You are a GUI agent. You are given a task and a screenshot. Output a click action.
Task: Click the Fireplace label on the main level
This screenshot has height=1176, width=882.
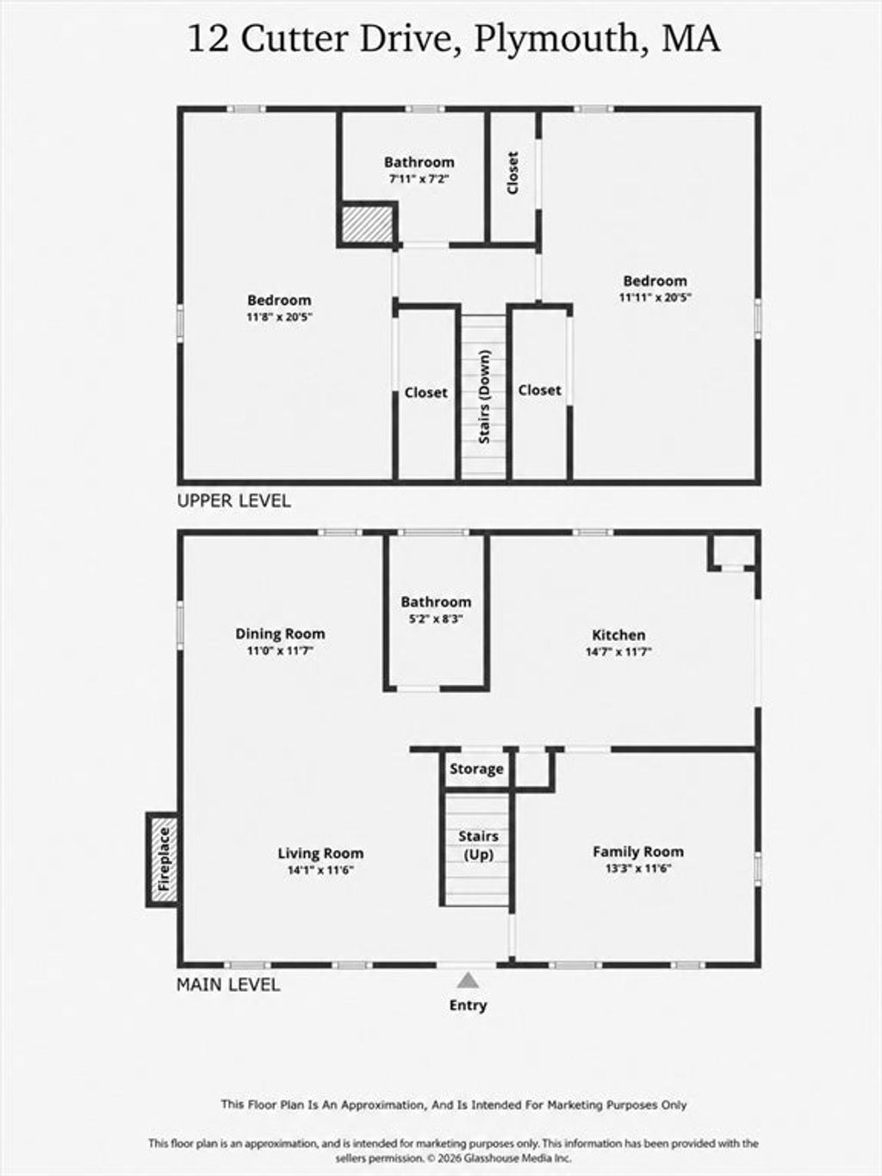pos(164,859)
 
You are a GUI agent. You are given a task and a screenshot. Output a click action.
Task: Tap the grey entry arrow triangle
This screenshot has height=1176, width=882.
pos(468,980)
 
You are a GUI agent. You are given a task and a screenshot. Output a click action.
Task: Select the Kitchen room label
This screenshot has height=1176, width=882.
pos(618,635)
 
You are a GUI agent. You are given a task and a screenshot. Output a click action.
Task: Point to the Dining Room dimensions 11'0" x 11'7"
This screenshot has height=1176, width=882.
pos(280,651)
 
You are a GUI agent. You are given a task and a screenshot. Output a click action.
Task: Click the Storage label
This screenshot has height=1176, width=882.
pos(476,768)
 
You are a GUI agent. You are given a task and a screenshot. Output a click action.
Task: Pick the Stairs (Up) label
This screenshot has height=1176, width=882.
pos(478,845)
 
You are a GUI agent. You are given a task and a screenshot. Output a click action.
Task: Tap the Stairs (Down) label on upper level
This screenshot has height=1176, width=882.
pos(485,396)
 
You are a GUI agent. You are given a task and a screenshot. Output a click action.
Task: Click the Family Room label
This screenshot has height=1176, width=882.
pos(637,851)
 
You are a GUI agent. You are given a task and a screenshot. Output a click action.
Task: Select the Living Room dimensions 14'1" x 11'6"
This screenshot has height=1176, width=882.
pos(320,870)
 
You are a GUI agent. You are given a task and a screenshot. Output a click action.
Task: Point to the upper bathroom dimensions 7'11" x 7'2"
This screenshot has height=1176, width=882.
pos(419,178)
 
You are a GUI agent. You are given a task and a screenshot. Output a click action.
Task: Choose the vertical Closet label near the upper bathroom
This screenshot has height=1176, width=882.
pos(512,172)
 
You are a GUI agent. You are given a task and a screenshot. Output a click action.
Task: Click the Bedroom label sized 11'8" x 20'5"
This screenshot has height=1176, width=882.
pos(279,300)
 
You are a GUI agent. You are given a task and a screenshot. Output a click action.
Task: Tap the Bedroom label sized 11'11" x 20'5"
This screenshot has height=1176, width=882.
pos(655,280)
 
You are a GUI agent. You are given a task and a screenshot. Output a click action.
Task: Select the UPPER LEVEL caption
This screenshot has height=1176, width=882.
pos(234,501)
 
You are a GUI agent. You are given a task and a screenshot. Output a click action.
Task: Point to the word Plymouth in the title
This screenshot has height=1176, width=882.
pos(562,40)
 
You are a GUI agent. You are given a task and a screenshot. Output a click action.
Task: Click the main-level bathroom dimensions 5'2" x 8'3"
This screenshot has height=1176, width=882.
pos(436,619)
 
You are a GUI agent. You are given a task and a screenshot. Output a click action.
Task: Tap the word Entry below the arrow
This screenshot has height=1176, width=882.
pos(468,1005)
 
